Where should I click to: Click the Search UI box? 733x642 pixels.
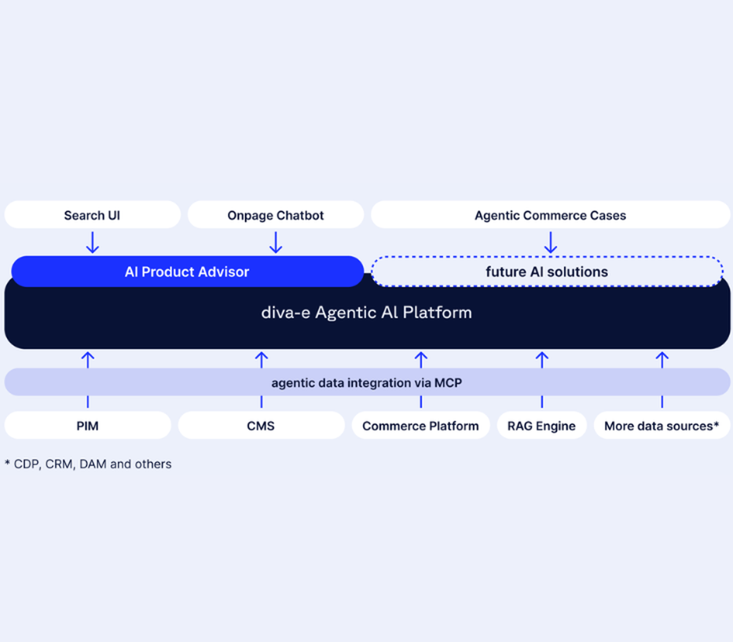pyautogui.click(x=92, y=215)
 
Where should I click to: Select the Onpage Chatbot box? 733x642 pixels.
pyautogui.click(x=275, y=215)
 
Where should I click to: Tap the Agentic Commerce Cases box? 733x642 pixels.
pyautogui.click(x=550, y=215)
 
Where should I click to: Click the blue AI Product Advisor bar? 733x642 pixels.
pyautogui.click(x=188, y=271)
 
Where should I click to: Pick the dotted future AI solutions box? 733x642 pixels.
pyautogui.click(x=547, y=271)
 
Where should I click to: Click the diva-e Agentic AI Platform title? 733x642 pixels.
pyautogui.click(x=366, y=312)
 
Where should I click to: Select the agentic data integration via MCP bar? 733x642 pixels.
pyautogui.click(x=367, y=382)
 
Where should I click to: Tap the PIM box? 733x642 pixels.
pyautogui.click(x=87, y=425)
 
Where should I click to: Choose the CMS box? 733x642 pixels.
pyautogui.click(x=262, y=425)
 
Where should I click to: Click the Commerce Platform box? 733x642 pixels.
pyautogui.click(x=421, y=425)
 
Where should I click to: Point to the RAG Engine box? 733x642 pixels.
pyautogui.click(x=542, y=425)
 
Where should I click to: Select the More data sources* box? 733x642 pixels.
pyautogui.click(x=662, y=425)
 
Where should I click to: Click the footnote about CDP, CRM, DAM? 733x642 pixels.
pyautogui.click(x=88, y=464)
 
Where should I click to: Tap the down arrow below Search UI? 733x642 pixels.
pyautogui.click(x=93, y=242)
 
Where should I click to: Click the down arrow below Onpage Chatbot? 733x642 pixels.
pyautogui.click(x=276, y=242)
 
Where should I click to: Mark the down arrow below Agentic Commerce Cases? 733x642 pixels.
pyautogui.click(x=551, y=242)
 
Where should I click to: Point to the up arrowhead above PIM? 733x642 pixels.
pyautogui.click(x=88, y=358)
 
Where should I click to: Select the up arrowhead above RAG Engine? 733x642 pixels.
pyautogui.click(x=542, y=358)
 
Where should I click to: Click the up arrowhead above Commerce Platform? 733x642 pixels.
pyautogui.click(x=421, y=358)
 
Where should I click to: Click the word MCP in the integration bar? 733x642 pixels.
pyautogui.click(x=448, y=383)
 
